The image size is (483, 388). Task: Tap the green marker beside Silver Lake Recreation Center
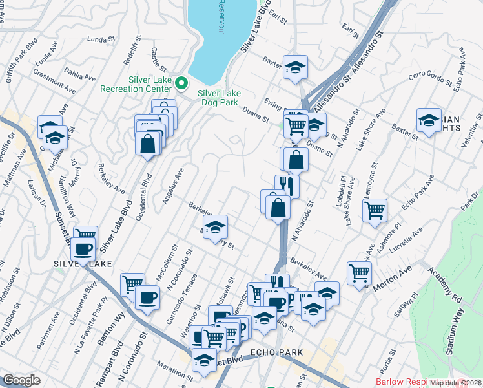182,83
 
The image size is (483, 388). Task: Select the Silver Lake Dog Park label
220,97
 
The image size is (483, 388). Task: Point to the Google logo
21,380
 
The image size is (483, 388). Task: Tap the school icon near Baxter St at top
295,67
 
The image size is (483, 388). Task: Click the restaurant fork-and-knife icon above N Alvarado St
287,186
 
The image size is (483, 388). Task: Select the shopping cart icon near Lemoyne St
375,210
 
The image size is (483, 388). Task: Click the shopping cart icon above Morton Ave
359,272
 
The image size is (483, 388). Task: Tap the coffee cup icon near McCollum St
147,297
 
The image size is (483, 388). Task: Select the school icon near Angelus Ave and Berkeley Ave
216,227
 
